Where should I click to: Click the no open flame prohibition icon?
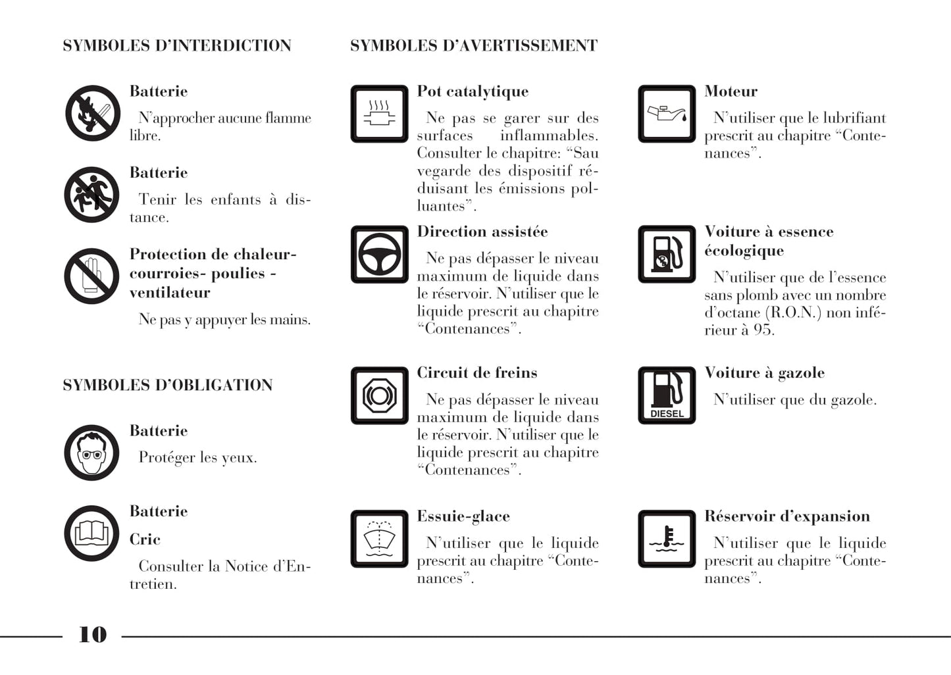tap(92, 113)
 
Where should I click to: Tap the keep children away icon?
tap(92, 195)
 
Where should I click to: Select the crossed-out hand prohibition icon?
tap(92, 276)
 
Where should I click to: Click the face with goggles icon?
tap(92, 453)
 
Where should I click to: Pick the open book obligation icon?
tap(92, 534)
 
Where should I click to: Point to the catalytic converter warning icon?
tap(379, 114)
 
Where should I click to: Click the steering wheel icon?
tap(379, 255)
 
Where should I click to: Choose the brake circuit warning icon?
tap(379, 395)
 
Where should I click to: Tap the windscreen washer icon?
tap(379, 539)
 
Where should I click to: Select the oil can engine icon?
tap(667, 114)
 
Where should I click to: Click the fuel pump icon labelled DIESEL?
tap(667, 395)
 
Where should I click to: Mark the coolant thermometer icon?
tap(667, 539)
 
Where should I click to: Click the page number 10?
tap(92, 634)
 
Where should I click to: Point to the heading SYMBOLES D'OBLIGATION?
tap(167, 386)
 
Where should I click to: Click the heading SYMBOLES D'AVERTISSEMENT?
tap(473, 46)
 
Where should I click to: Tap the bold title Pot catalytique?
tap(473, 91)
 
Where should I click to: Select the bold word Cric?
tap(145, 539)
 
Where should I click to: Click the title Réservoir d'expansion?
tap(787, 516)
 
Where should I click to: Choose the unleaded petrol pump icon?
tap(667, 255)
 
